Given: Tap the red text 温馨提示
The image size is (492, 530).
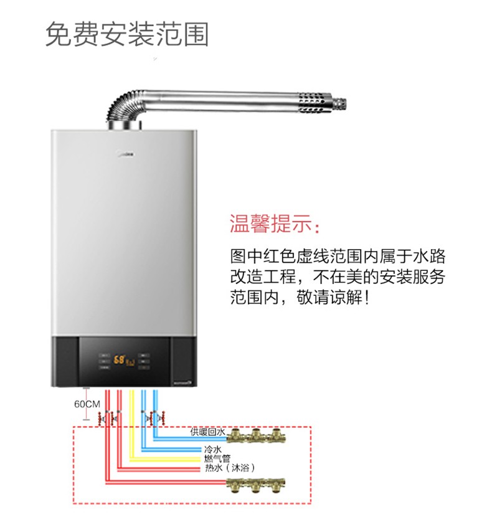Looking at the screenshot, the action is pyautogui.click(x=277, y=224).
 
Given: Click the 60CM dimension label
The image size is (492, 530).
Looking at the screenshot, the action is pyautogui.click(x=87, y=404).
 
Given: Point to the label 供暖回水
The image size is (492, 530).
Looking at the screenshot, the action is pyautogui.click(x=207, y=431).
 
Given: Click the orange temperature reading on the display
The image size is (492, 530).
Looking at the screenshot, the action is pyautogui.click(x=118, y=360).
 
